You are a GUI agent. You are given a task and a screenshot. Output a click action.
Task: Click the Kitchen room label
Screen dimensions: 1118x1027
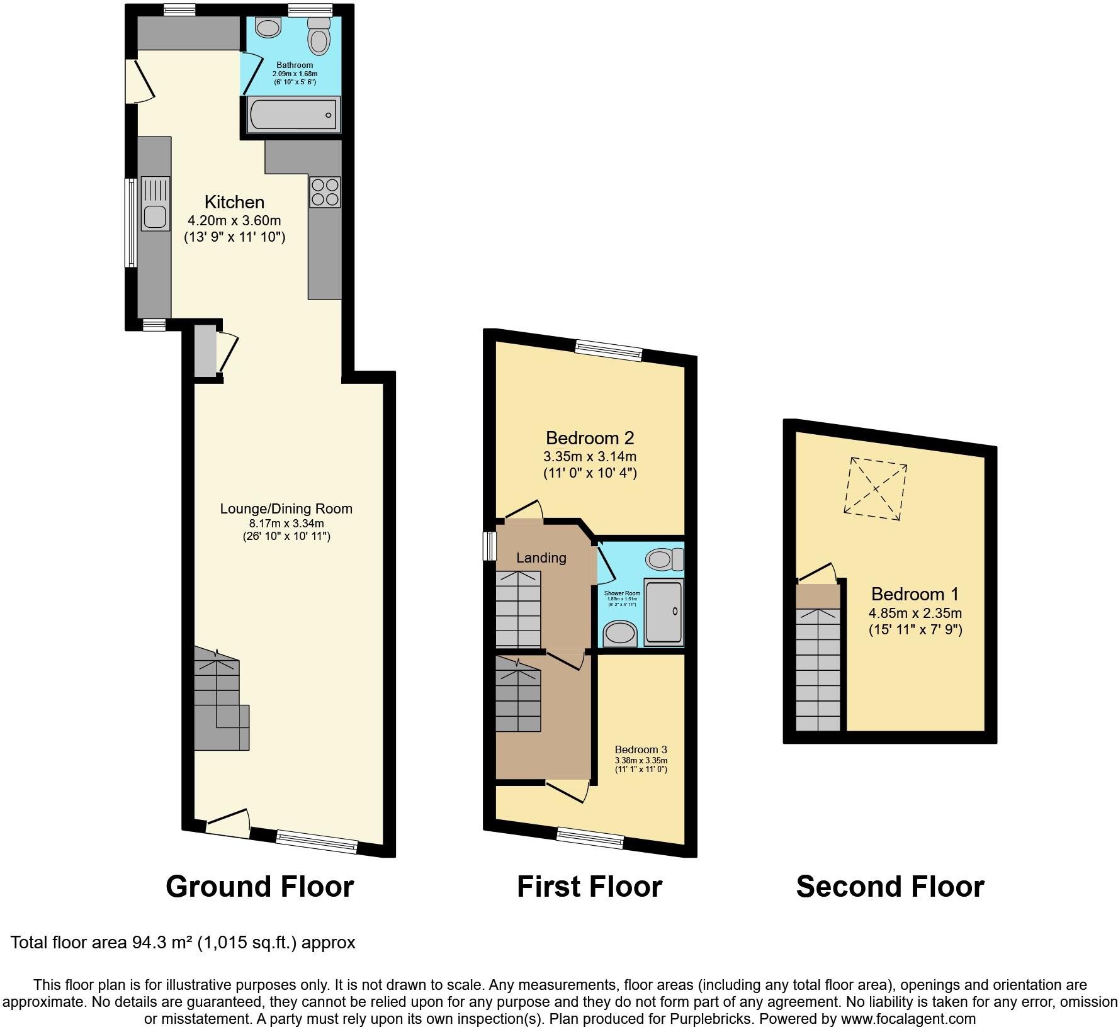click(234, 202)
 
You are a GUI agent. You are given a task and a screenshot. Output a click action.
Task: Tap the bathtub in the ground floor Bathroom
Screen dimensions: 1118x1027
click(293, 115)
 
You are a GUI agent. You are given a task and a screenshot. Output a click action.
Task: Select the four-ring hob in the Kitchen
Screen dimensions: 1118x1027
click(325, 192)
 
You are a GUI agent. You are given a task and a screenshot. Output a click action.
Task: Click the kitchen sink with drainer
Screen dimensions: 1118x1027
click(155, 204)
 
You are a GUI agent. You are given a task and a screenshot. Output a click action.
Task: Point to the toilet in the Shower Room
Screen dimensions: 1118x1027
click(665, 559)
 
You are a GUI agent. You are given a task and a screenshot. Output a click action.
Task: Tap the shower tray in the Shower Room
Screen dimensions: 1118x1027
click(664, 612)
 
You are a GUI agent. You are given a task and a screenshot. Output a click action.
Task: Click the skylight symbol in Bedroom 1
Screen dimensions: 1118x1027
click(876, 488)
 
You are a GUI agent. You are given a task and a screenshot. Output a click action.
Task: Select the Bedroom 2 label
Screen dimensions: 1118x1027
click(590, 437)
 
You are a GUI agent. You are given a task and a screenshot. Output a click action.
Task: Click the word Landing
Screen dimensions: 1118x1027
click(541, 558)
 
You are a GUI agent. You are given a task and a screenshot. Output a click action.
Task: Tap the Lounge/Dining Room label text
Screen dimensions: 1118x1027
click(286, 508)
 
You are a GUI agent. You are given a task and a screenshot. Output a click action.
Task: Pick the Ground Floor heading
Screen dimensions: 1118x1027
click(260, 886)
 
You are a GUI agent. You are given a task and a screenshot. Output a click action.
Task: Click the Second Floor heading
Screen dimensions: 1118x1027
click(890, 886)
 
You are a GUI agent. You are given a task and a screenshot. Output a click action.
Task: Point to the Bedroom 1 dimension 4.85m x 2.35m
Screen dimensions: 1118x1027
click(915, 613)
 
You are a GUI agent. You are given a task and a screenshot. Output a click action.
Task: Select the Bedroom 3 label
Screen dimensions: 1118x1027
click(641, 749)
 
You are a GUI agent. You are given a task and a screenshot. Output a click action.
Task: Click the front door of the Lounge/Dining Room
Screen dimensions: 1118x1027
click(228, 824)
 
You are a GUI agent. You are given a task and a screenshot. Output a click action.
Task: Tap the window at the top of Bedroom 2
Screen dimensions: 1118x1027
click(609, 350)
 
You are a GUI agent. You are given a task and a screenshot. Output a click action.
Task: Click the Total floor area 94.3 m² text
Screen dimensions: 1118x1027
click(183, 942)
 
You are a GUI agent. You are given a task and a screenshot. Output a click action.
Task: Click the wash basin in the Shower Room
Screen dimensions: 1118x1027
click(620, 633)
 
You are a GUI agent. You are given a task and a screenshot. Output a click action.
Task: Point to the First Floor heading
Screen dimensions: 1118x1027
click(590, 886)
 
